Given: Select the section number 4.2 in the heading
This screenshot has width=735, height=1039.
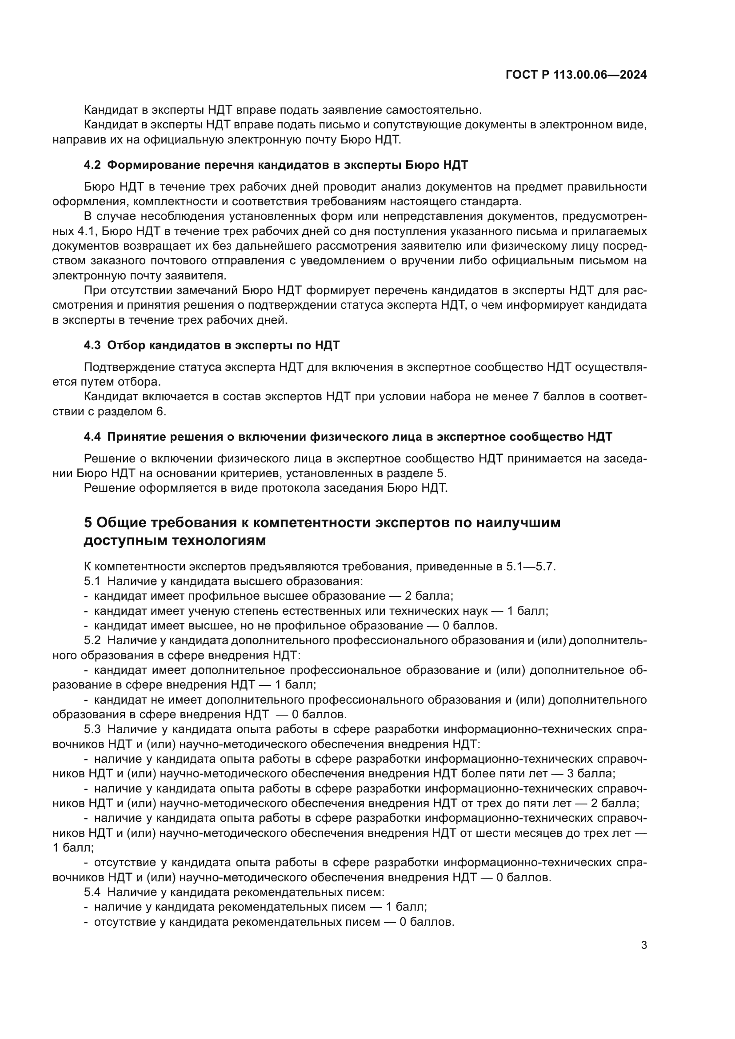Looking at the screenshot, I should [x=92, y=165].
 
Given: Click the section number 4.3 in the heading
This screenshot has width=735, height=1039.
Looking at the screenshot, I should [x=92, y=345].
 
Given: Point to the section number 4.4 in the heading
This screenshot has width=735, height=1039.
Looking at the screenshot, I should [x=92, y=437].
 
